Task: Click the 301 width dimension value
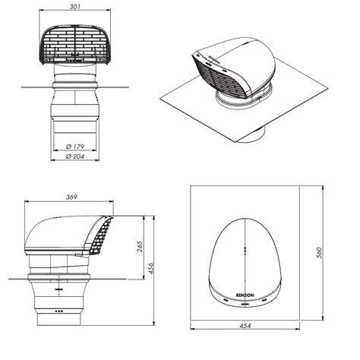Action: [75, 7]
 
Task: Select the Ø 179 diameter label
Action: [75, 147]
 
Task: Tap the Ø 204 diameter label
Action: [75, 156]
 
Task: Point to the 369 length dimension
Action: [71, 197]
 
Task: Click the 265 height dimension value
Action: [140, 247]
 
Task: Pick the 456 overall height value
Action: [151, 268]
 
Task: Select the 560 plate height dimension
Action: [319, 253]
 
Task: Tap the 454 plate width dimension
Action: [245, 326]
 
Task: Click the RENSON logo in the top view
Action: [245, 295]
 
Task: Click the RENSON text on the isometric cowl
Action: [214, 60]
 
